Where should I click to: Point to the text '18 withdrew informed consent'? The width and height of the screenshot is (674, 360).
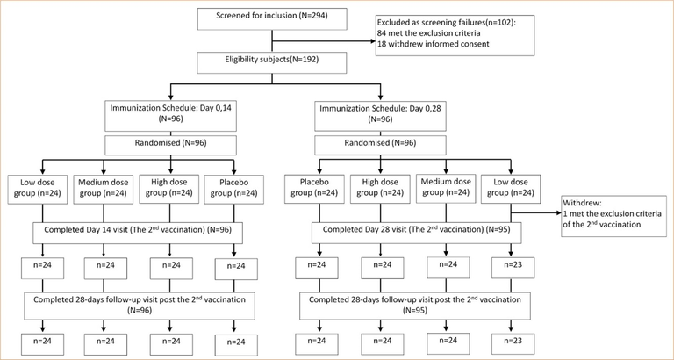click(x=426, y=43)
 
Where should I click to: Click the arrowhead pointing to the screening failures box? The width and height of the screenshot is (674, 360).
click(x=373, y=41)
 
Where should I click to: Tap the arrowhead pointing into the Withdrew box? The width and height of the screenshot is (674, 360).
click(x=557, y=212)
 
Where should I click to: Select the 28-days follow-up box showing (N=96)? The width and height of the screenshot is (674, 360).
click(x=139, y=306)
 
